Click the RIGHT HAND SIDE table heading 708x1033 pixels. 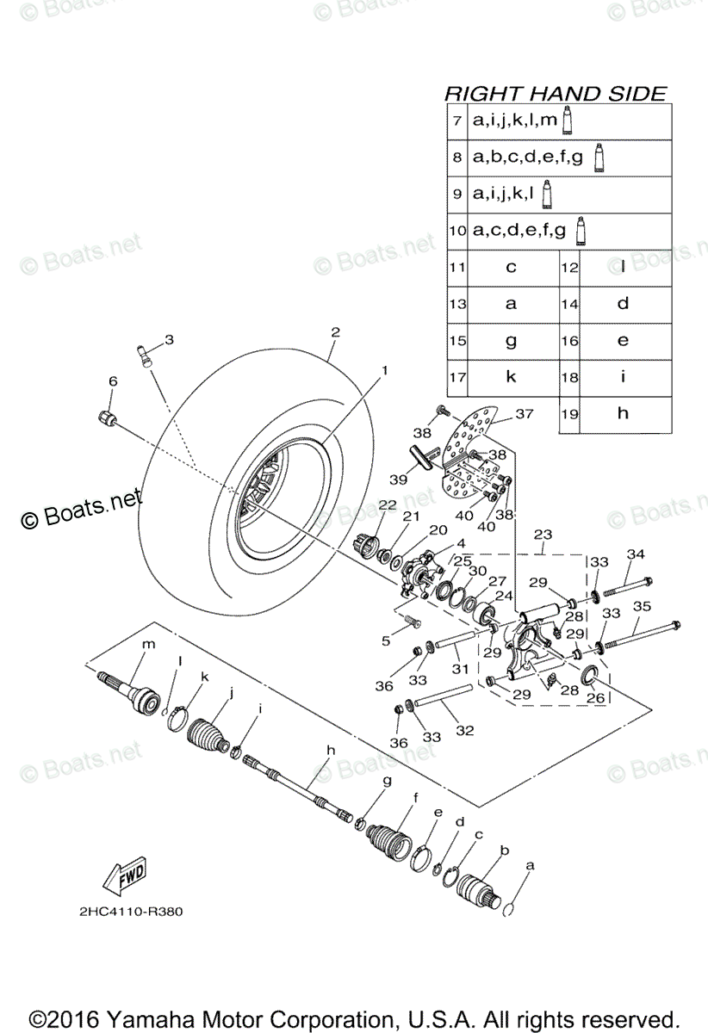pyautogui.click(x=555, y=93)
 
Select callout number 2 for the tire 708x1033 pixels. pyautogui.click(x=336, y=331)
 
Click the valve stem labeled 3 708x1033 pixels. pyautogui.click(x=146, y=354)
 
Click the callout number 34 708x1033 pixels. pyautogui.click(x=635, y=554)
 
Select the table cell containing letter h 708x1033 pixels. pyautogui.click(x=623, y=413)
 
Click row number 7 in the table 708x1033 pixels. pyautogui.click(x=457, y=121)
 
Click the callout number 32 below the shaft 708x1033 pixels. pyautogui.click(x=465, y=731)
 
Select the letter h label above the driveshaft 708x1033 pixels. pyautogui.click(x=330, y=751)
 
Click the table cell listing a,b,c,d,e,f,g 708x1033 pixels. pyautogui.click(x=528, y=158)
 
